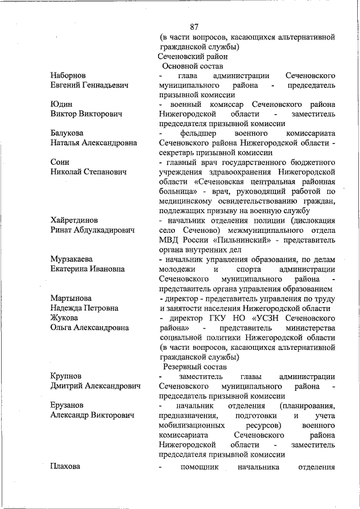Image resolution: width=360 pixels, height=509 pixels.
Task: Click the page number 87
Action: (x=195, y=26)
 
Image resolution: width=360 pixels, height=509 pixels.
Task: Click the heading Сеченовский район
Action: (x=192, y=56)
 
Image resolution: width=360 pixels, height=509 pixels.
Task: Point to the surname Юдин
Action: (x=60, y=104)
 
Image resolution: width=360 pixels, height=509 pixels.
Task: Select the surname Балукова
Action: (x=66, y=133)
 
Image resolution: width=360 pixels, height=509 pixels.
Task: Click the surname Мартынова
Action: (x=71, y=298)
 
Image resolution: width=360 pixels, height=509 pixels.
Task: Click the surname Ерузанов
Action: (x=67, y=405)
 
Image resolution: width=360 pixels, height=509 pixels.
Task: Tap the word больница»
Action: (x=182, y=191)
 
